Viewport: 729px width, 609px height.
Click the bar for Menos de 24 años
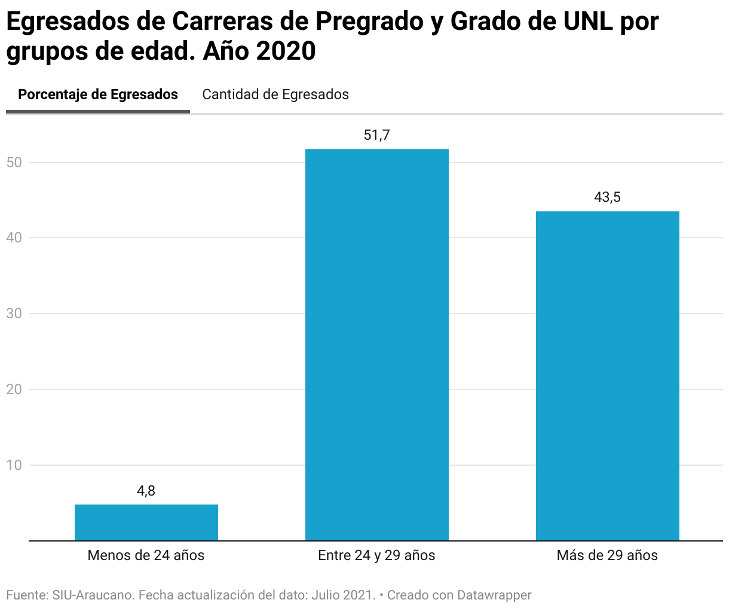tap(146, 522)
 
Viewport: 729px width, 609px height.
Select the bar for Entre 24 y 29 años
tap(377, 345)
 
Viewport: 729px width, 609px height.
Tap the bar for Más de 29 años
tap(607, 376)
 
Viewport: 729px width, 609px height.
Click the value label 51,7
tap(377, 135)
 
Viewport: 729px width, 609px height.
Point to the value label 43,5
tap(607, 197)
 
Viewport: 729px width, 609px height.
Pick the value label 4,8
tap(146, 491)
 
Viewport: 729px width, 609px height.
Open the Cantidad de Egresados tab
tap(275, 94)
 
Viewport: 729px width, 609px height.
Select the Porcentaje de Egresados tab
tap(98, 94)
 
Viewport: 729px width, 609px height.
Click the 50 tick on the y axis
tap(14, 162)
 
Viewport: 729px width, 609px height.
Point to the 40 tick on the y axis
tap(14, 238)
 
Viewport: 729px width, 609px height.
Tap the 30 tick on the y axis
tap(14, 313)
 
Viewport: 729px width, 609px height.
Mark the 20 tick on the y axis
tap(14, 389)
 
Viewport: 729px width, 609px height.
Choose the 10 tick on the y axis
tap(14, 465)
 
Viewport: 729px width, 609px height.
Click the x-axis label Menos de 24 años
tap(146, 555)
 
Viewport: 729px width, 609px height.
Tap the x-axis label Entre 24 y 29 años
tap(377, 555)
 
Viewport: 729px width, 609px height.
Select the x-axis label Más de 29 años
tap(607, 555)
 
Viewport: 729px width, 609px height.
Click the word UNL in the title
tap(587, 21)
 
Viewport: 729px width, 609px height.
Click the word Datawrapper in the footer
tap(494, 595)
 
